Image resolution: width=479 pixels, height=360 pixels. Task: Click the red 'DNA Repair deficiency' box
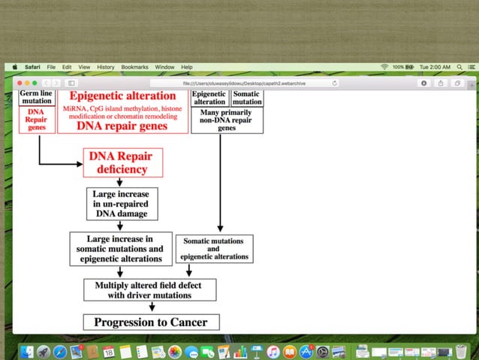click(x=123, y=162)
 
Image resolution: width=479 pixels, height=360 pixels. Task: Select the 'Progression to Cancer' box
click(x=151, y=322)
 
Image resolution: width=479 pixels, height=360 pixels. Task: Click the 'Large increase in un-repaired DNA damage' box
click(x=120, y=204)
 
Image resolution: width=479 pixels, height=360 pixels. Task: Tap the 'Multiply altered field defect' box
click(x=149, y=290)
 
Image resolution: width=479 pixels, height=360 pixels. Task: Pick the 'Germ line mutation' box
click(x=36, y=98)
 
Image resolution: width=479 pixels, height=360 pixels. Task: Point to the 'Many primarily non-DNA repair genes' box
click(x=227, y=120)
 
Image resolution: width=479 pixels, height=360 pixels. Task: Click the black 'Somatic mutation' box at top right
click(x=246, y=98)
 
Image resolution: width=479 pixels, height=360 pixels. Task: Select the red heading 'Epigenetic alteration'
click(x=122, y=96)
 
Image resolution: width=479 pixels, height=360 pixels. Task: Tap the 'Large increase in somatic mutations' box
click(x=120, y=249)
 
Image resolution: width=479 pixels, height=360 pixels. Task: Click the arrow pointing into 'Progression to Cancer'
click(x=152, y=307)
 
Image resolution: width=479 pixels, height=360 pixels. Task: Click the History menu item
click(x=106, y=67)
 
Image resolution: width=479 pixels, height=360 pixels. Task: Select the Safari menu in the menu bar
click(x=32, y=67)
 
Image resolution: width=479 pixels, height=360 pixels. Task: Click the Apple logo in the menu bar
click(x=15, y=67)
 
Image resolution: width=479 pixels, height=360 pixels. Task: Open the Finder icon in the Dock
click(x=26, y=352)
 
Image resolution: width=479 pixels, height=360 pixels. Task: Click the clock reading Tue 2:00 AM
click(x=435, y=67)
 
